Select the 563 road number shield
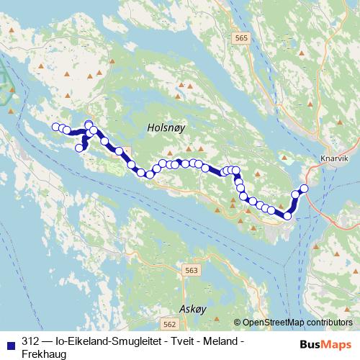click(x=191, y=270)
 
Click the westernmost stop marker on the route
click(x=55, y=127)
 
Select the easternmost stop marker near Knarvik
click(x=304, y=189)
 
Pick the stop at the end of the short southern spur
click(x=79, y=148)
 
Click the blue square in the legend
click(x=11, y=342)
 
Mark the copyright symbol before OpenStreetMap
click(x=238, y=323)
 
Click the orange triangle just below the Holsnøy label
click(x=171, y=152)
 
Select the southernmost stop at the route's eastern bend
click(x=288, y=215)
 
